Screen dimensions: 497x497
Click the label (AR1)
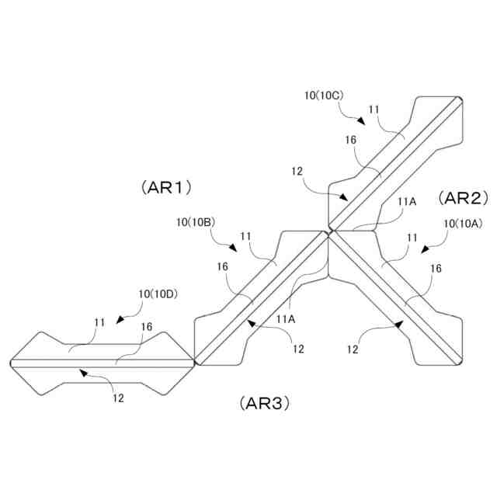(167, 187)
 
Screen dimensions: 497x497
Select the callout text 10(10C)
(324, 94)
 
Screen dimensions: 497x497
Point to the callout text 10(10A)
(463, 223)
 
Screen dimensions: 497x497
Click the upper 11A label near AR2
(407, 201)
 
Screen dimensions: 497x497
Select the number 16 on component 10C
(350, 139)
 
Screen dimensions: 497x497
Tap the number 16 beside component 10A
(436, 268)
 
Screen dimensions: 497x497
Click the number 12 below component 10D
(118, 398)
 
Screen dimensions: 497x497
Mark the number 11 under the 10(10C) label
(374, 109)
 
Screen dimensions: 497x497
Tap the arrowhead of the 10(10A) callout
(423, 250)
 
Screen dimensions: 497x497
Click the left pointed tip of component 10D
(9, 363)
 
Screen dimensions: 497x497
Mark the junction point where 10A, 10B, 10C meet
(329, 231)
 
